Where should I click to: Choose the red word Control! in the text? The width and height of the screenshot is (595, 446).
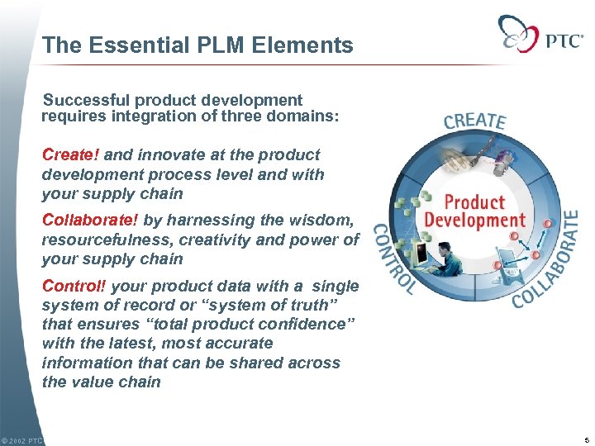pos(74,287)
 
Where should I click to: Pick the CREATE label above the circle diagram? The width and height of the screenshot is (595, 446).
pos(474,120)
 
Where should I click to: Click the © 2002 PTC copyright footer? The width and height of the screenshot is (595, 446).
pos(22,441)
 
